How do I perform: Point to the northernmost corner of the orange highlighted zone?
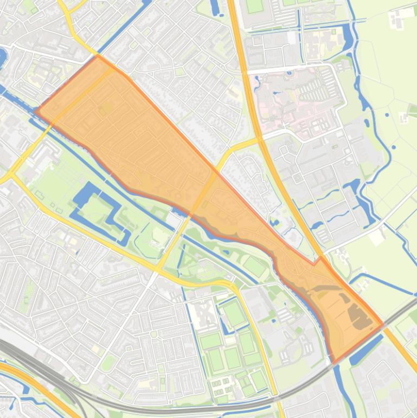pyautogui.click(x=98, y=55)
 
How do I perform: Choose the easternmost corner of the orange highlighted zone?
pyautogui.click(x=383, y=325)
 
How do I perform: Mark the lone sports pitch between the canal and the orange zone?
pyautogui.click(x=254, y=265)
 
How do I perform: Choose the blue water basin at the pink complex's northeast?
pyautogui.click(x=347, y=35)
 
